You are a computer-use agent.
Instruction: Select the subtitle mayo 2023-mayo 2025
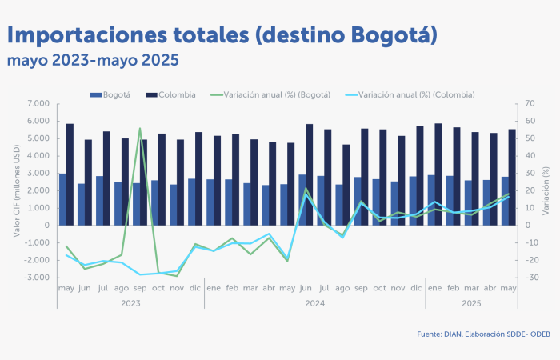[x=92, y=60]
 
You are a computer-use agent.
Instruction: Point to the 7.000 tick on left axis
[x=38, y=104]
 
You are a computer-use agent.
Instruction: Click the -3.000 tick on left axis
[x=36, y=278]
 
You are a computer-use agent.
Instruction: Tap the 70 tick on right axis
[x=530, y=104]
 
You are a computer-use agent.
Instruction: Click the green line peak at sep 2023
[x=140, y=128]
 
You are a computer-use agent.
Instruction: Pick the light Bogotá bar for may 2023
[x=62, y=199]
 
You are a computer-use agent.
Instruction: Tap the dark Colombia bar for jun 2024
[x=309, y=174]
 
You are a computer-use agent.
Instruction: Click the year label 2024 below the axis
[x=314, y=303]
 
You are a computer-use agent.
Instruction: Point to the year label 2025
[x=470, y=303]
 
